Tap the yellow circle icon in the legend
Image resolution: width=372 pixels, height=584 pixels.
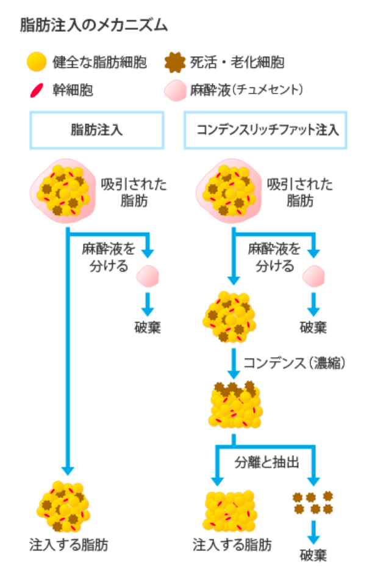[37, 62]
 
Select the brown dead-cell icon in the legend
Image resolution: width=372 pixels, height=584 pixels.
[175, 62]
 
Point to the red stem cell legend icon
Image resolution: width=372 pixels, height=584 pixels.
[37, 90]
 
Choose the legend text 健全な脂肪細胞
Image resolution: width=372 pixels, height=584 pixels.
[100, 62]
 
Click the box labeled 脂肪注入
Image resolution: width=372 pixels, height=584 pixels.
[97, 130]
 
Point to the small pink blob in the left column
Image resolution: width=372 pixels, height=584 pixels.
[148, 276]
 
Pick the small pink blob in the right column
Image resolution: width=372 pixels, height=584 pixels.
[313, 276]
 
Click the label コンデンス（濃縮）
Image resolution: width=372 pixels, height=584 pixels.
[295, 362]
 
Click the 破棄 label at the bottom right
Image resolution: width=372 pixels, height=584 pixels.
[313, 555]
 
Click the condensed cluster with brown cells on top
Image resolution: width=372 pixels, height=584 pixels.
[235, 404]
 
